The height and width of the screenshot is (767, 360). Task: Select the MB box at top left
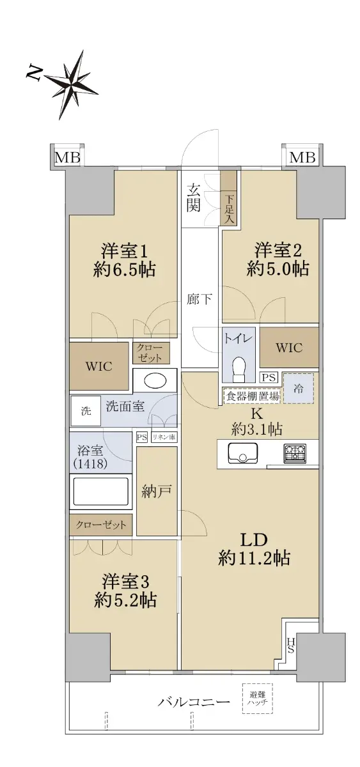coord(68,158)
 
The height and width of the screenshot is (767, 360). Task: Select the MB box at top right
coord(302,157)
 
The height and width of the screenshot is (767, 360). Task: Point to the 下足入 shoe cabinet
coord(229,198)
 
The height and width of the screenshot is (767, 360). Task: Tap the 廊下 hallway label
coord(200,299)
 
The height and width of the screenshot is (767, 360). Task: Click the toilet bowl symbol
coord(239,369)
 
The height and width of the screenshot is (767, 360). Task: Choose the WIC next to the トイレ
coord(289,348)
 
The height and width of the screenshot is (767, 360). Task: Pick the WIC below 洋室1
coord(99,366)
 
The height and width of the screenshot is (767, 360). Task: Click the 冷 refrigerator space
coord(299,389)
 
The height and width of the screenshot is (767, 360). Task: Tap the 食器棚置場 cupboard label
coord(252,396)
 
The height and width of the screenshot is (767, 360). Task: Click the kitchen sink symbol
coord(243,453)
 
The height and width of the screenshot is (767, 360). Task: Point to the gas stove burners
coord(295,453)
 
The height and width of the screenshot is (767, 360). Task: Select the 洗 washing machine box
coord(86,411)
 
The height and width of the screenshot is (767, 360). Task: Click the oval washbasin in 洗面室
coord(155,380)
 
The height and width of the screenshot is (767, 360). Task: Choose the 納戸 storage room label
coord(157,492)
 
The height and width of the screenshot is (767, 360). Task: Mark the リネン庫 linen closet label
coord(164,437)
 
